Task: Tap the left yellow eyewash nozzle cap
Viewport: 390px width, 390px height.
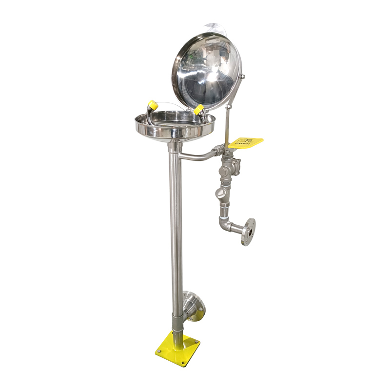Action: pyautogui.click(x=153, y=105)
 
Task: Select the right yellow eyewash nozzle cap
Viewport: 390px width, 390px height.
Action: pyautogui.click(x=199, y=109)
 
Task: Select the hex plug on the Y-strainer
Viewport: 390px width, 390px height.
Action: pyautogui.click(x=220, y=192)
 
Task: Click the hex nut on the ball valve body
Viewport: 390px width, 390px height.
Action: pyautogui.click(x=224, y=172)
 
